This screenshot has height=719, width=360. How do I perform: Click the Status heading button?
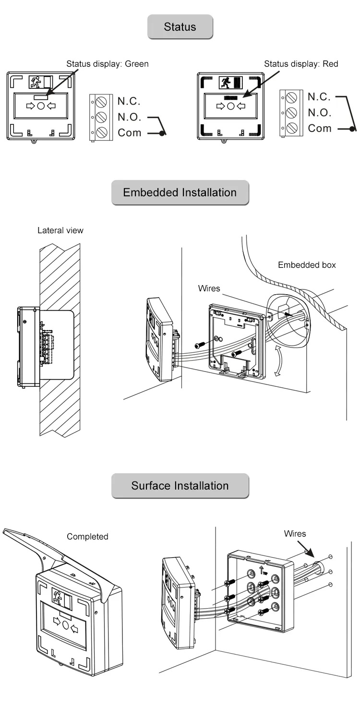tap(180, 27)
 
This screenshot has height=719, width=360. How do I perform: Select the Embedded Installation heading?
tap(180, 192)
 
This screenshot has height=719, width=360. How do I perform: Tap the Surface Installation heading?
tap(180, 486)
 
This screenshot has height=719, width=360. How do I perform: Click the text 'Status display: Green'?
tap(108, 63)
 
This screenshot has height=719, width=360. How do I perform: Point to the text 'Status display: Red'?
tap(301, 64)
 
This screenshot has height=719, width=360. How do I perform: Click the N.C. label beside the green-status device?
tap(129, 101)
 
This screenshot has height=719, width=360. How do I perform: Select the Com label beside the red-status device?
tap(320, 129)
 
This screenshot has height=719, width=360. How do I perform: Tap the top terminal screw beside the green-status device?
tap(101, 102)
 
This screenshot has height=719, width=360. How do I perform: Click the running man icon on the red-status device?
tap(225, 83)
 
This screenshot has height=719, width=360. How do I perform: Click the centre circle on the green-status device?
tap(41, 106)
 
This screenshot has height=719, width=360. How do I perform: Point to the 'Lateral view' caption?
tap(60, 230)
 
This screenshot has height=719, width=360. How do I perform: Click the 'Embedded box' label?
tap(307, 265)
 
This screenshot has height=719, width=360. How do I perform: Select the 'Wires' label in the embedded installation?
tap(209, 288)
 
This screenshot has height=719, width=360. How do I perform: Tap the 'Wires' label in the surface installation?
tap(295, 534)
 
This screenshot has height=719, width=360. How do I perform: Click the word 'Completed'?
tap(87, 537)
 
